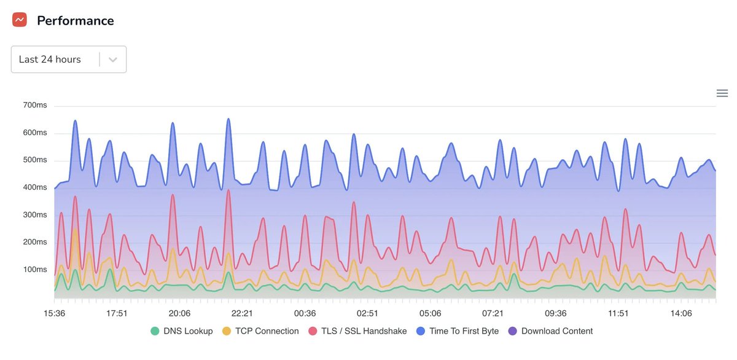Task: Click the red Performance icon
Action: click(20, 20)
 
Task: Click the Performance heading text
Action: click(75, 20)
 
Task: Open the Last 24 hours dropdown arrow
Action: click(113, 60)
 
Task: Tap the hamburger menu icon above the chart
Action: click(722, 93)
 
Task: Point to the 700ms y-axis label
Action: click(35, 106)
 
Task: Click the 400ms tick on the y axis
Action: click(35, 187)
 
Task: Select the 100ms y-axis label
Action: click(35, 269)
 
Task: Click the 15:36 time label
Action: click(55, 313)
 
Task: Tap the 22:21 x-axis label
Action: click(243, 313)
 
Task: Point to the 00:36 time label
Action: click(305, 313)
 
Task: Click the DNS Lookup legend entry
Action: click(188, 331)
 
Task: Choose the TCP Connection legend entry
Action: click(267, 331)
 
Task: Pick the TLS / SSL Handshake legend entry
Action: click(364, 331)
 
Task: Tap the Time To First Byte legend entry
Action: click(464, 331)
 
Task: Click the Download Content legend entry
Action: click(556, 331)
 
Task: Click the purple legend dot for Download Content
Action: click(513, 331)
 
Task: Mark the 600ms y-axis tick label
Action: click(35, 133)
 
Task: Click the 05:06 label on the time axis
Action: click(431, 313)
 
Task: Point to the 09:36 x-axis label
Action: click(556, 313)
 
